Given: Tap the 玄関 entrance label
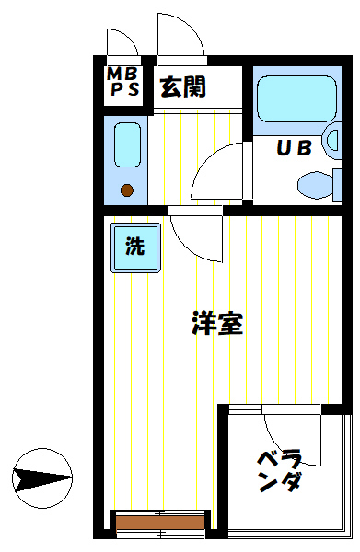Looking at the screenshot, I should click(x=182, y=87).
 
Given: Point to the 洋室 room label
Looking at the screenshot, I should click(x=217, y=324).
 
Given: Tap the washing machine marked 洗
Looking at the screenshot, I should click(x=135, y=247).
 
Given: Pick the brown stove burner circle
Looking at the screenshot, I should click(x=127, y=191).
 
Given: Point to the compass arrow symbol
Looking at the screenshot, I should click(x=42, y=477).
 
